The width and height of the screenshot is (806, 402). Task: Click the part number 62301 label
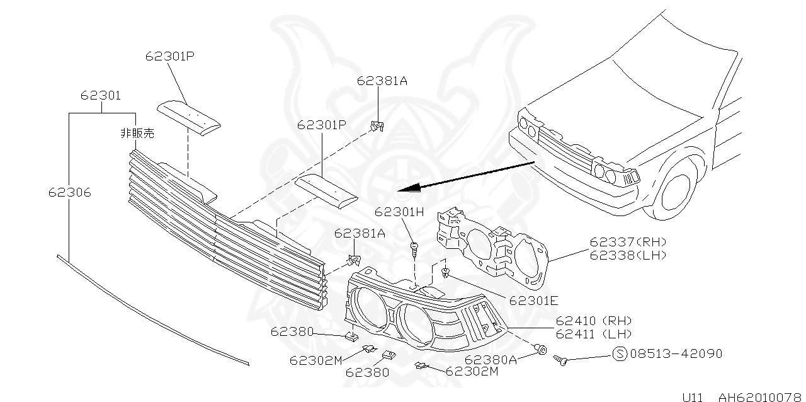pyautogui.click(x=100, y=96)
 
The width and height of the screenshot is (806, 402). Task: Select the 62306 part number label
pyautogui.click(x=69, y=192)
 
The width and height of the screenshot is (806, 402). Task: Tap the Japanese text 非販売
pyautogui.click(x=137, y=133)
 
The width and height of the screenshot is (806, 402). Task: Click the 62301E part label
pyautogui.click(x=533, y=301)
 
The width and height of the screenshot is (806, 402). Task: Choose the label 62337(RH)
pyautogui.click(x=628, y=242)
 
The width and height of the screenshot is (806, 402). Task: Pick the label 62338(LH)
pyautogui.click(x=628, y=255)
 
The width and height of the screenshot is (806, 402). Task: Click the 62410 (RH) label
pyautogui.click(x=593, y=321)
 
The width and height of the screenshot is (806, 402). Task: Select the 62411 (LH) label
pyautogui.click(x=593, y=334)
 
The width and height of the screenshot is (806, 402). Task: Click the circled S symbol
pyautogui.click(x=620, y=354)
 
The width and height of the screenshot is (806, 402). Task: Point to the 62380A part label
pyautogui.click(x=491, y=359)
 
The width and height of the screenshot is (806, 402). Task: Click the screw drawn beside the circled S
pyautogui.click(x=561, y=360)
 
